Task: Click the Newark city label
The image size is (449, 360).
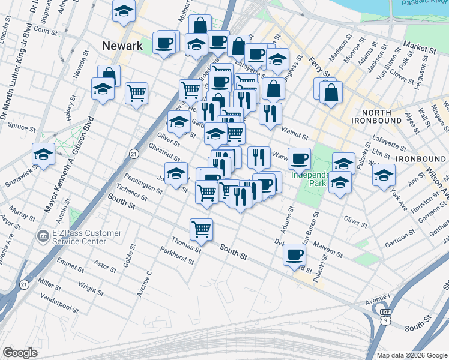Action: coord(122,46)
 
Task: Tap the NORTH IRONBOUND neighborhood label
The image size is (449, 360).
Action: coord(381,116)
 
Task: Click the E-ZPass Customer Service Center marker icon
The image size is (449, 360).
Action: coord(43,234)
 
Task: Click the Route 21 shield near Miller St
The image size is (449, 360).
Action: coord(24,284)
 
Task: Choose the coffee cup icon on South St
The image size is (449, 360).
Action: coord(294,254)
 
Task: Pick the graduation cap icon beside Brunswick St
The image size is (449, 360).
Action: coord(44,154)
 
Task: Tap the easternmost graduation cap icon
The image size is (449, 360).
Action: coord(384,175)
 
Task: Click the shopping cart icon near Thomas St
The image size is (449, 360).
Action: coord(201,229)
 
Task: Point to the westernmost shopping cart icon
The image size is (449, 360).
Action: coord(136,92)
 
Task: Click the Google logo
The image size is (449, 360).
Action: coord(20,353)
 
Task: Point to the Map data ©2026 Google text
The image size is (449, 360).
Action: coord(411,355)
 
